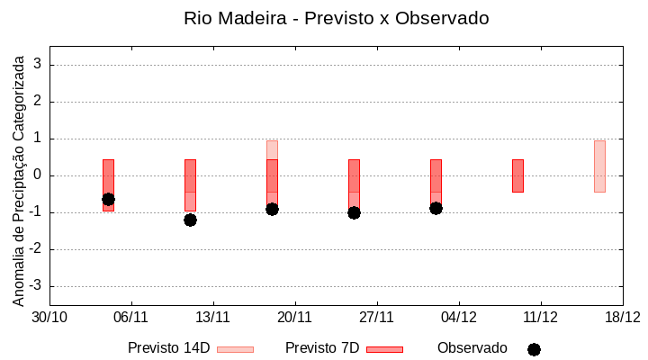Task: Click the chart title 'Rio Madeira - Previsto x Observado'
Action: point(336,18)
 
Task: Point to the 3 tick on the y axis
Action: point(39,65)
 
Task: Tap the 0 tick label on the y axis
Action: point(39,175)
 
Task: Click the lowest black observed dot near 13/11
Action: point(190,220)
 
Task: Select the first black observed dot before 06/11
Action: point(108,199)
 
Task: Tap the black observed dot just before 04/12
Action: point(436,208)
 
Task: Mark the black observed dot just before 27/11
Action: point(354,212)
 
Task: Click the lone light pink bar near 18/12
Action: point(599,166)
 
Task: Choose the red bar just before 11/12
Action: point(517,175)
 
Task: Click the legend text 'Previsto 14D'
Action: point(168,348)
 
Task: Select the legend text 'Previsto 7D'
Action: point(322,348)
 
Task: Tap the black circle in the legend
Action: point(534,349)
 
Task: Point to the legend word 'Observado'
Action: point(472,348)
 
